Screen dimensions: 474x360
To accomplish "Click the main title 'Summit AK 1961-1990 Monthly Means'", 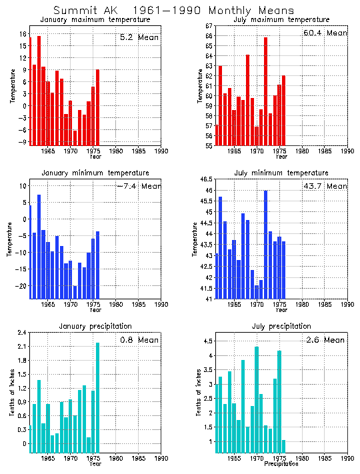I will [173, 11].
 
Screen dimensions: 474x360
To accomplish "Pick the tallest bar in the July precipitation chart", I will [256, 399].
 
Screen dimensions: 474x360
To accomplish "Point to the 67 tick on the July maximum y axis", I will [208, 25].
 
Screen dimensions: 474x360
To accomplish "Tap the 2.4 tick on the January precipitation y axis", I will [21, 333].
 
